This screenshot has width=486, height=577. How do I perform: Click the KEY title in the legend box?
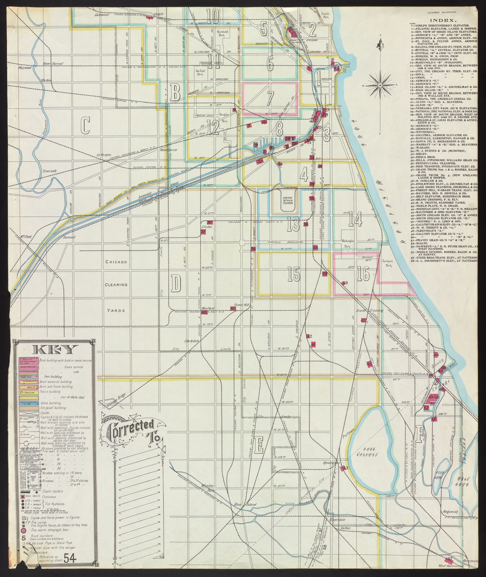pos(55,349)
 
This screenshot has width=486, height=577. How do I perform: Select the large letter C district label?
pos(85,126)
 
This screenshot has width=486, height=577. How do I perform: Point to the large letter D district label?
pos(176,283)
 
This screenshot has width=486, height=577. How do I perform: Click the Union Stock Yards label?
pos(288,201)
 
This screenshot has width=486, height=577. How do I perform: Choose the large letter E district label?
pos(258,446)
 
